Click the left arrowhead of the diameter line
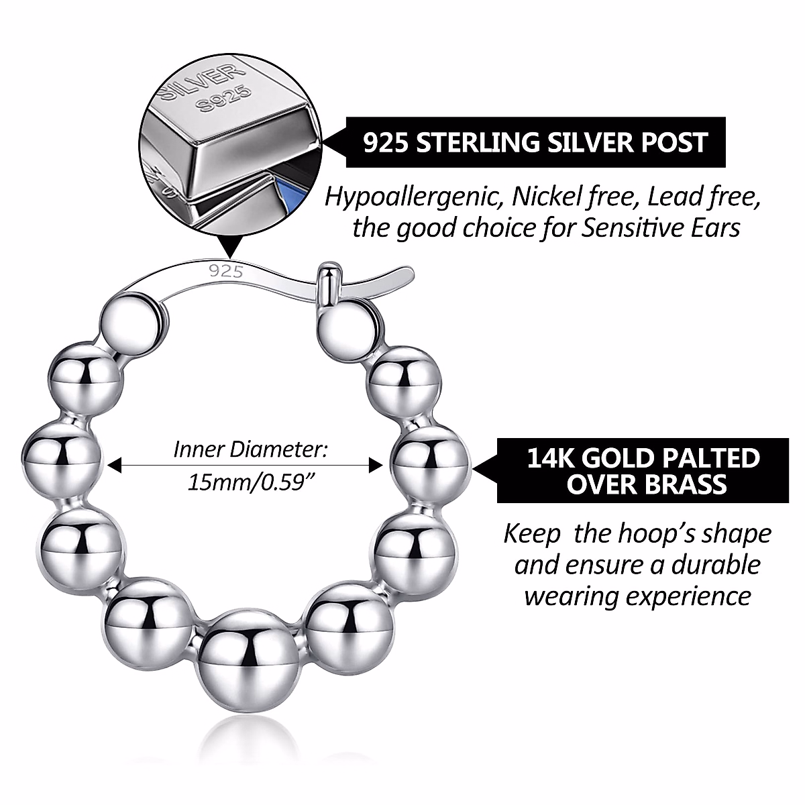pyautogui.click(x=115, y=464)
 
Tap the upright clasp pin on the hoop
pyautogui.click(x=327, y=286)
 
